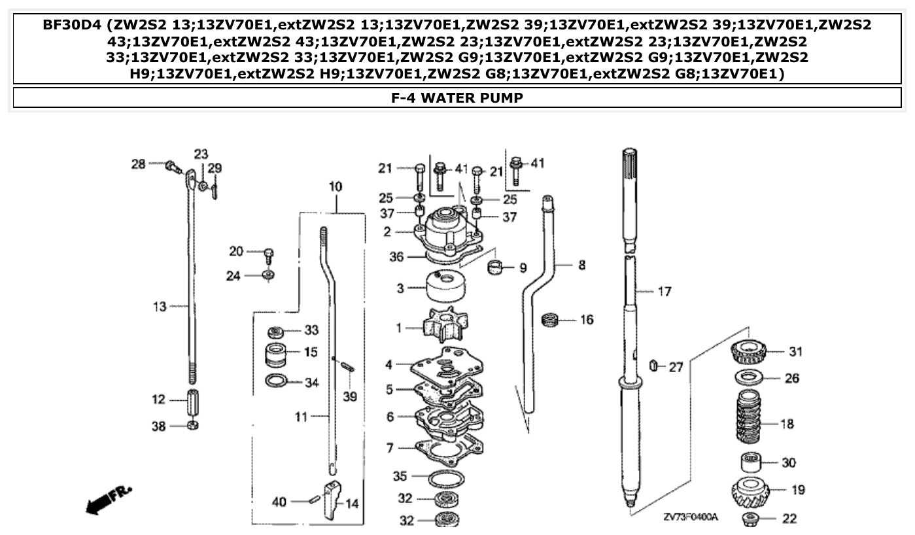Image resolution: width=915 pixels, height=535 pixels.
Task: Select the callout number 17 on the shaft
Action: (x=664, y=292)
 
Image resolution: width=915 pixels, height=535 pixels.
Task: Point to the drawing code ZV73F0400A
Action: (x=690, y=517)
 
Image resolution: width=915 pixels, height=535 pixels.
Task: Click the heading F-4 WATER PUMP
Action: (x=457, y=98)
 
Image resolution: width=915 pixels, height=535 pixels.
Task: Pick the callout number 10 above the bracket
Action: (x=335, y=187)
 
